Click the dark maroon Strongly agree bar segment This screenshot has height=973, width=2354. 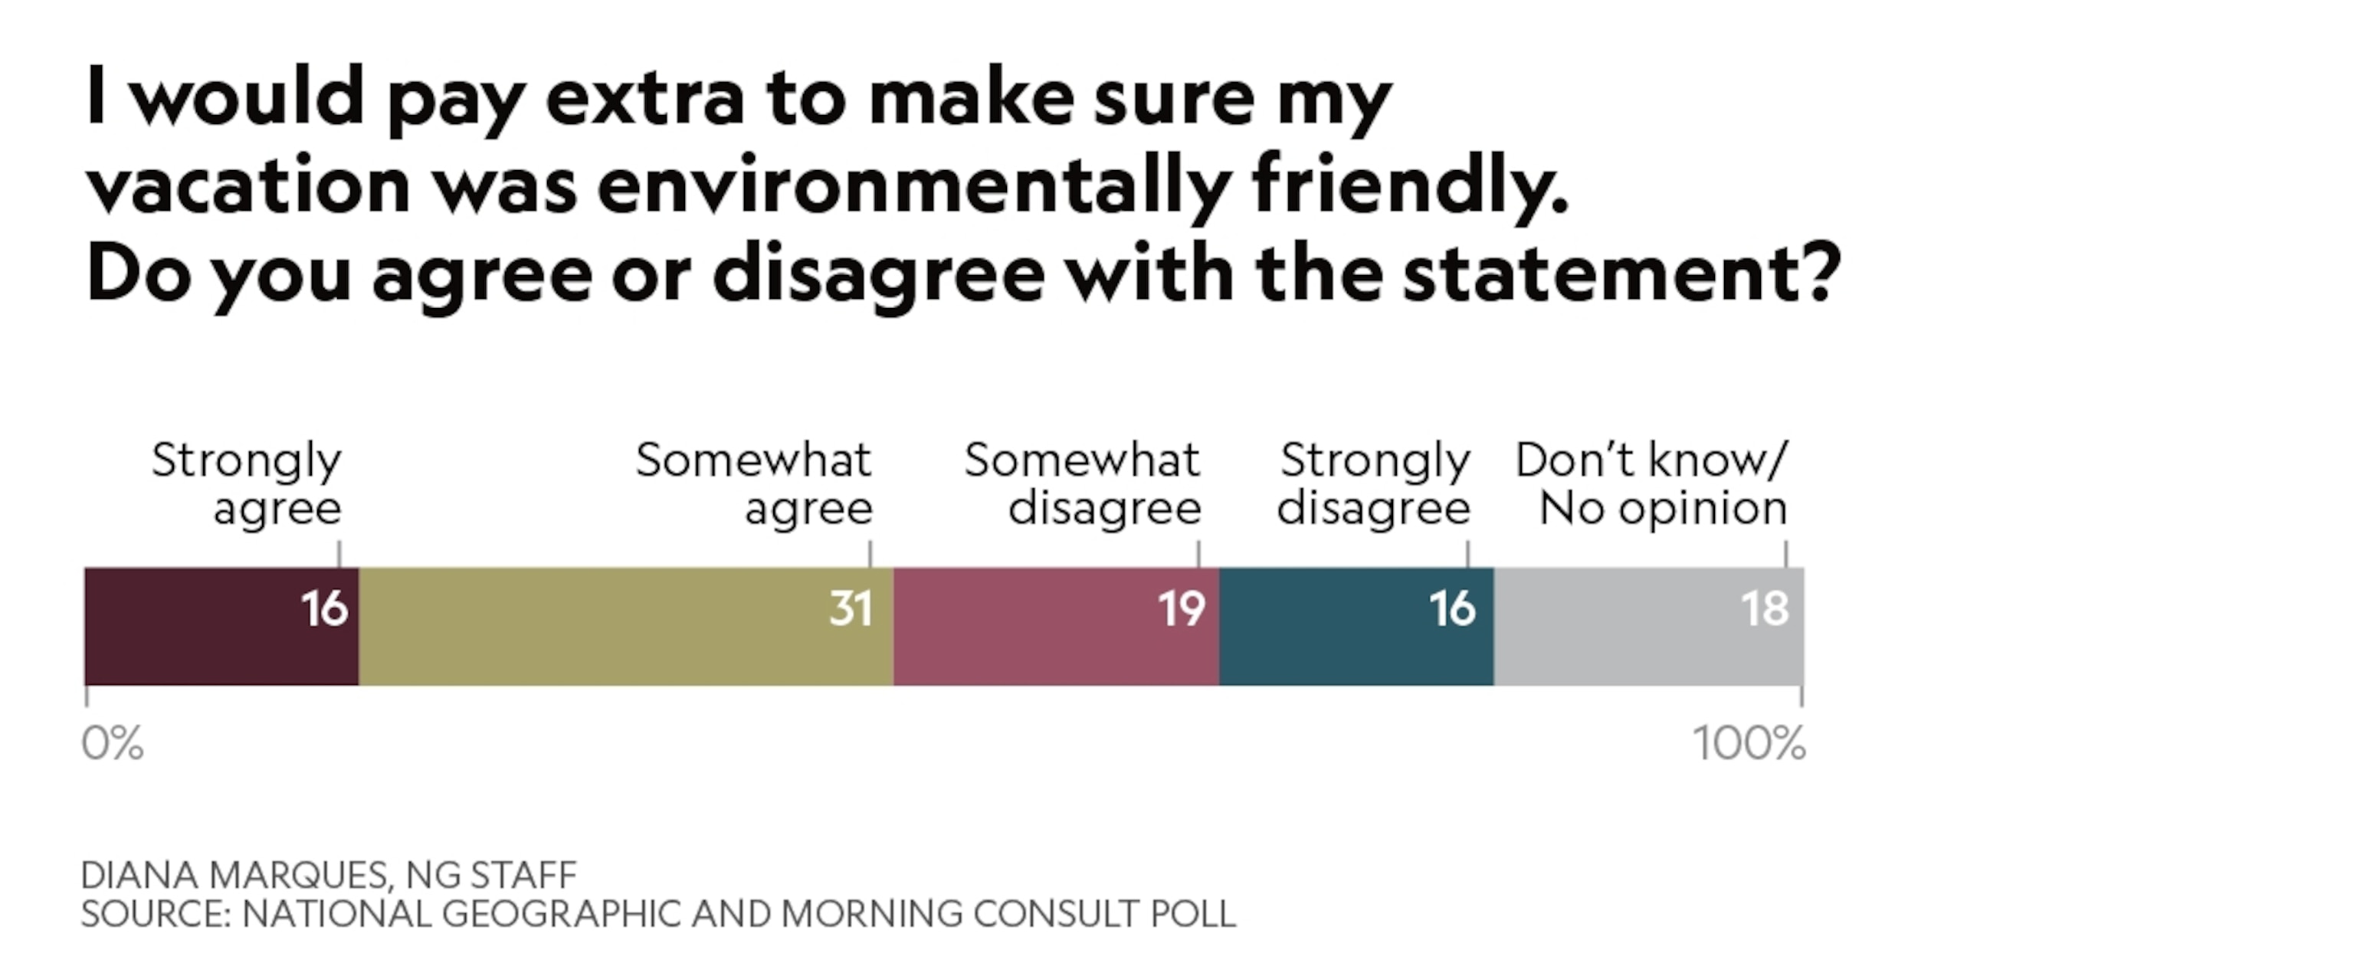201,626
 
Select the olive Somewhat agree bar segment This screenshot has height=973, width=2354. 603,626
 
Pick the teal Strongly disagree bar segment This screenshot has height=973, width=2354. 1334,626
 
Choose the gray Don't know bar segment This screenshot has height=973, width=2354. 1627,626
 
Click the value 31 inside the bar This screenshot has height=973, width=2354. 851,608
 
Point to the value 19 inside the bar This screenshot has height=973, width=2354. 1182,608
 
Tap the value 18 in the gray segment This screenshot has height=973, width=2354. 1765,608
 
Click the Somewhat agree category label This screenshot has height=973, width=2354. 754,484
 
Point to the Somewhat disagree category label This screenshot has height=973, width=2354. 1083,484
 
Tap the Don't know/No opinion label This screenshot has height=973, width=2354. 1651,484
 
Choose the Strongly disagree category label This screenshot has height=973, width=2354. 1373,484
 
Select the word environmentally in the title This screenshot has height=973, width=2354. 915,186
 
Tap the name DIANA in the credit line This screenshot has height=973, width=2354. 139,875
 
